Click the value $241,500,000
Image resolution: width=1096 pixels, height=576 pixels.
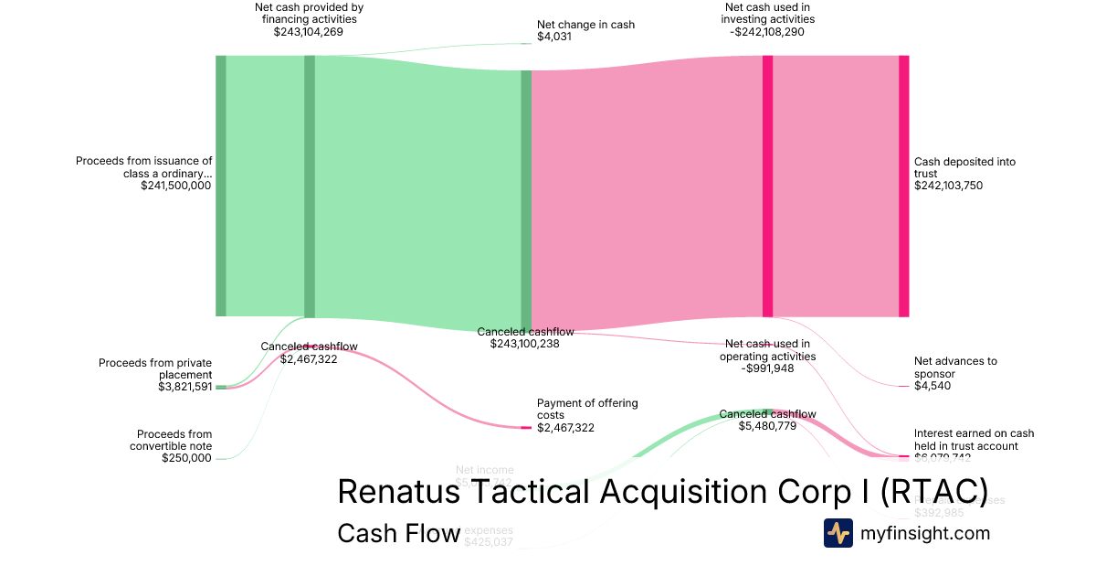175,185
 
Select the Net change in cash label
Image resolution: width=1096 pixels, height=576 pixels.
585,25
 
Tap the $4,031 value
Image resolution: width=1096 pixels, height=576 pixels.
555,37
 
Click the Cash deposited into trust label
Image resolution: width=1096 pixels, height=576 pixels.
964,167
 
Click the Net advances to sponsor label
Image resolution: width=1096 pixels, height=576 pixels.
955,367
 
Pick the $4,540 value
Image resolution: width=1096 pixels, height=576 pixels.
933,386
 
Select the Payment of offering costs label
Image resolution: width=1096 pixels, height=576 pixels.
587,409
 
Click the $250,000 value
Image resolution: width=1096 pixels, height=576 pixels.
186,458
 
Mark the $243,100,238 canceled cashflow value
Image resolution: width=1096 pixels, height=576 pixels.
524,344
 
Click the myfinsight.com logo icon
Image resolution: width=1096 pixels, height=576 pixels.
838,533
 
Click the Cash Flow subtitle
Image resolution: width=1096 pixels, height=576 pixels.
398,533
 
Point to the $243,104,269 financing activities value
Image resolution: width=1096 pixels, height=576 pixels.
308,31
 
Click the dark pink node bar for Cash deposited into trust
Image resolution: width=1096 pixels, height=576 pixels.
903,186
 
